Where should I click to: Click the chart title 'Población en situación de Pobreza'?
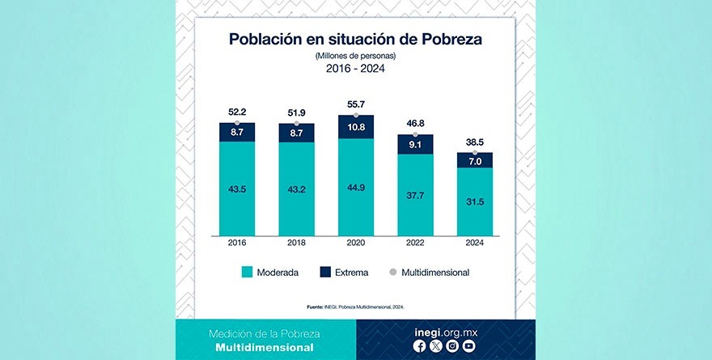point(355,40)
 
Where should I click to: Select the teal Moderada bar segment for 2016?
point(237,188)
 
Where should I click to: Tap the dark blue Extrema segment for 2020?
point(356,128)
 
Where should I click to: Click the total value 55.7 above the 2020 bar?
point(356,105)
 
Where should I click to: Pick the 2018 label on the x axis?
point(297,243)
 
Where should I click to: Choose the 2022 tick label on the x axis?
point(416,243)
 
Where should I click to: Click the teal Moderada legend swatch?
point(247,273)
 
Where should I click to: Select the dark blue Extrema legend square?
point(327,273)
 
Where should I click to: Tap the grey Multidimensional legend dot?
point(393,272)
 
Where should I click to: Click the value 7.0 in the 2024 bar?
point(475,161)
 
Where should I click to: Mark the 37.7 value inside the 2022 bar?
point(416,194)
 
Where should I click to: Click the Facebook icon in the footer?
point(419,345)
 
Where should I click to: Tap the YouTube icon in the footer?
point(468,345)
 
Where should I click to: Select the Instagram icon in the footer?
point(452,345)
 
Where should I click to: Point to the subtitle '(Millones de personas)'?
point(356,56)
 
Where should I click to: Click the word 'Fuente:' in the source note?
point(316,307)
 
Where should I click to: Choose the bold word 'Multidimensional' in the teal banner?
point(265,347)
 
